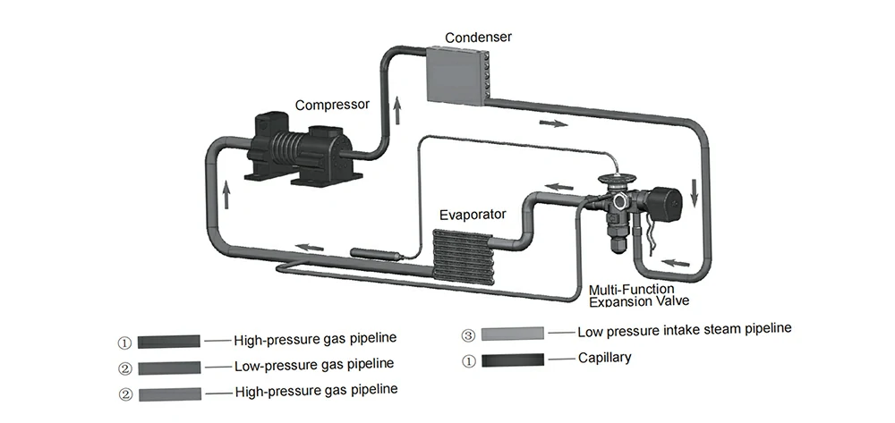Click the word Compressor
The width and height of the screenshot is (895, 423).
pyautogui.click(x=333, y=105)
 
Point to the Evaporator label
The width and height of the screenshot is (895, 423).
pyautogui.click(x=472, y=215)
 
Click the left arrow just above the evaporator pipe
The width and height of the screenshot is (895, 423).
pyautogui.click(x=559, y=187)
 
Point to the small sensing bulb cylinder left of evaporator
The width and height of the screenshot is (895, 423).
pyautogui.click(x=371, y=254)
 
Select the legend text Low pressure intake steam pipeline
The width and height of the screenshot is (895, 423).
pyautogui.click(x=685, y=329)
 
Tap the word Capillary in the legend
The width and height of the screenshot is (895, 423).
pyautogui.click(x=605, y=358)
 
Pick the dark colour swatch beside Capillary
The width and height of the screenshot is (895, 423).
pyautogui.click(x=513, y=360)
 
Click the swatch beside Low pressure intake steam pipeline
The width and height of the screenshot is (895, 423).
pyautogui.click(x=513, y=334)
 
